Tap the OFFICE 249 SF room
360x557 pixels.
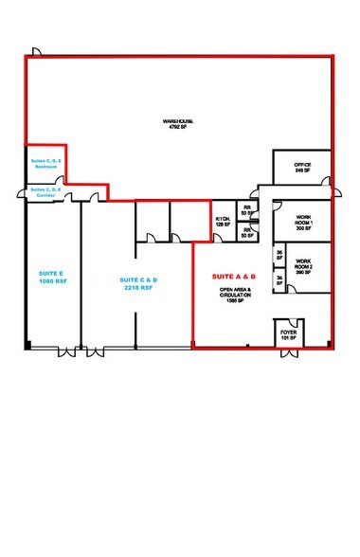[x=303, y=167]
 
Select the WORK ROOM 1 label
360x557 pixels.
[x=303, y=222]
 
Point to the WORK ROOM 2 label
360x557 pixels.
[x=303, y=263]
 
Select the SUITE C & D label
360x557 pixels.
[x=138, y=279]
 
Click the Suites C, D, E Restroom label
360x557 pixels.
[x=45, y=164]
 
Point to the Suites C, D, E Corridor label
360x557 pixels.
[x=45, y=192]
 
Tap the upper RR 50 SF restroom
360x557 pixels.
[x=248, y=211]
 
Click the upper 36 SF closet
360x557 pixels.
[x=279, y=255]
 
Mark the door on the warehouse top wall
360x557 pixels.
[x=34, y=50]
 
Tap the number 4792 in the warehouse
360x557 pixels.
[x=174, y=128]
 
